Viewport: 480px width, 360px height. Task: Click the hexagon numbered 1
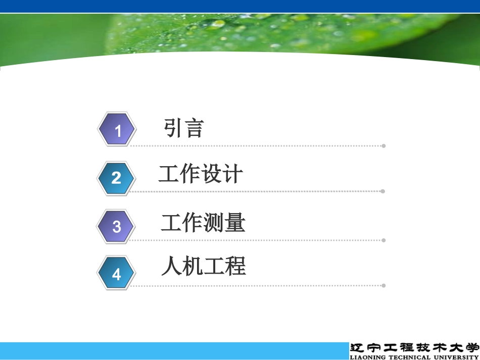point(117,130)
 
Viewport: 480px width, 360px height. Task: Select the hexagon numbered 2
point(117,177)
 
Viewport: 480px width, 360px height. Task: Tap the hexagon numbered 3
point(117,226)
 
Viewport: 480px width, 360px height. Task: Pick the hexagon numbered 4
point(117,274)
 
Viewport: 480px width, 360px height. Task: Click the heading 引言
point(183,128)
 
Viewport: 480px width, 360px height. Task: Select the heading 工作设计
point(201,174)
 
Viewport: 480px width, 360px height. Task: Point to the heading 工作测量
point(203,223)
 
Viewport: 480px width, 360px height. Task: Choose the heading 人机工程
point(203,266)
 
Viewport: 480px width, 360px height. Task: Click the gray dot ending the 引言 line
point(383,146)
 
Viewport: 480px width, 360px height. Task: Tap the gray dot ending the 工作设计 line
point(383,191)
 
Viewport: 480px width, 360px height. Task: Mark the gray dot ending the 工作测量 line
point(383,240)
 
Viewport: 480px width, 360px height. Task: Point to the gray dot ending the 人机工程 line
point(383,285)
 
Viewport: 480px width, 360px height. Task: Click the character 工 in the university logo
point(391,348)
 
